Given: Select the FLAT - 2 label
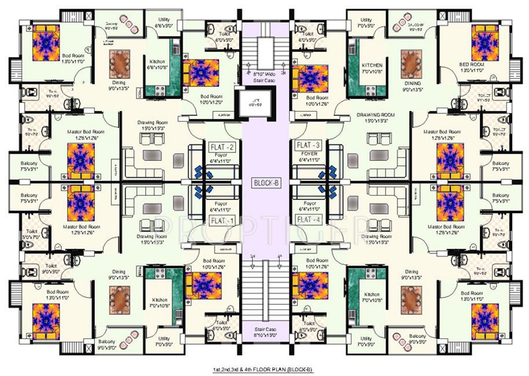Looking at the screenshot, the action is point(223,146).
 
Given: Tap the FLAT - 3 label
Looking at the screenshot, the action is point(308,145).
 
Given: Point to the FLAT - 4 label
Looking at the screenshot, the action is point(308,220).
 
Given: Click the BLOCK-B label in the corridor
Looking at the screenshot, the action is point(266,183).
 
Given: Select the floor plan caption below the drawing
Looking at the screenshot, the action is point(264,368).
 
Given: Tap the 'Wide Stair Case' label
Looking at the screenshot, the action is point(264,78).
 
